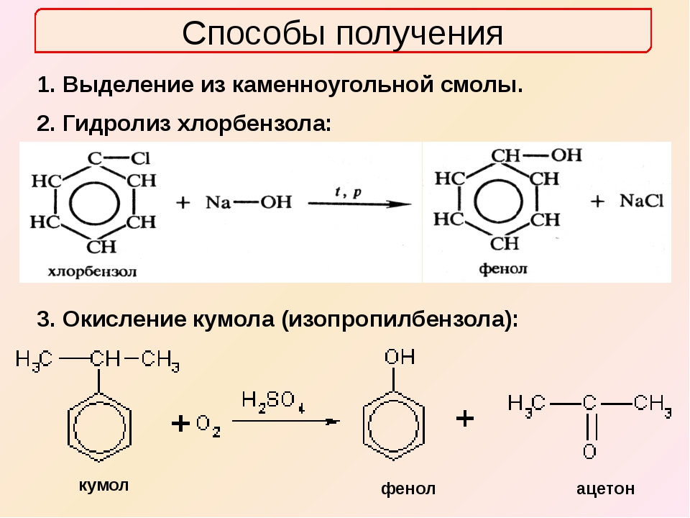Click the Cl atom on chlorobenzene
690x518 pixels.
(x=140, y=158)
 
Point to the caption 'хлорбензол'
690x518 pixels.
(x=91, y=272)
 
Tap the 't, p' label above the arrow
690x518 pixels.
(x=349, y=191)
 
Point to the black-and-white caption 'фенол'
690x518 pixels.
(x=503, y=269)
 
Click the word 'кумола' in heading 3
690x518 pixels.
(x=237, y=319)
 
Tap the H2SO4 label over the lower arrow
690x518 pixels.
(x=272, y=399)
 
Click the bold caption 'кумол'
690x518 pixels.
(x=103, y=484)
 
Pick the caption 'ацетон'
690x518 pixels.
(x=605, y=489)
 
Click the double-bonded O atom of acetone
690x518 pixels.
(x=589, y=452)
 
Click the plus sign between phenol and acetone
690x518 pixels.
(x=465, y=418)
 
